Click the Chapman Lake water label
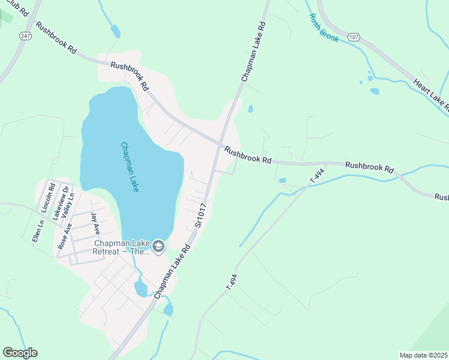pyautogui.click(x=130, y=167)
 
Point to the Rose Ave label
pyautogui.click(x=64, y=236)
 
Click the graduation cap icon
pyautogui.click(x=158, y=247)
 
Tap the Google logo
pyautogui.click(x=20, y=353)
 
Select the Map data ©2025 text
pyautogui.click(x=424, y=355)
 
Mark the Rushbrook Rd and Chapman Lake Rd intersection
pyautogui.click(x=221, y=144)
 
